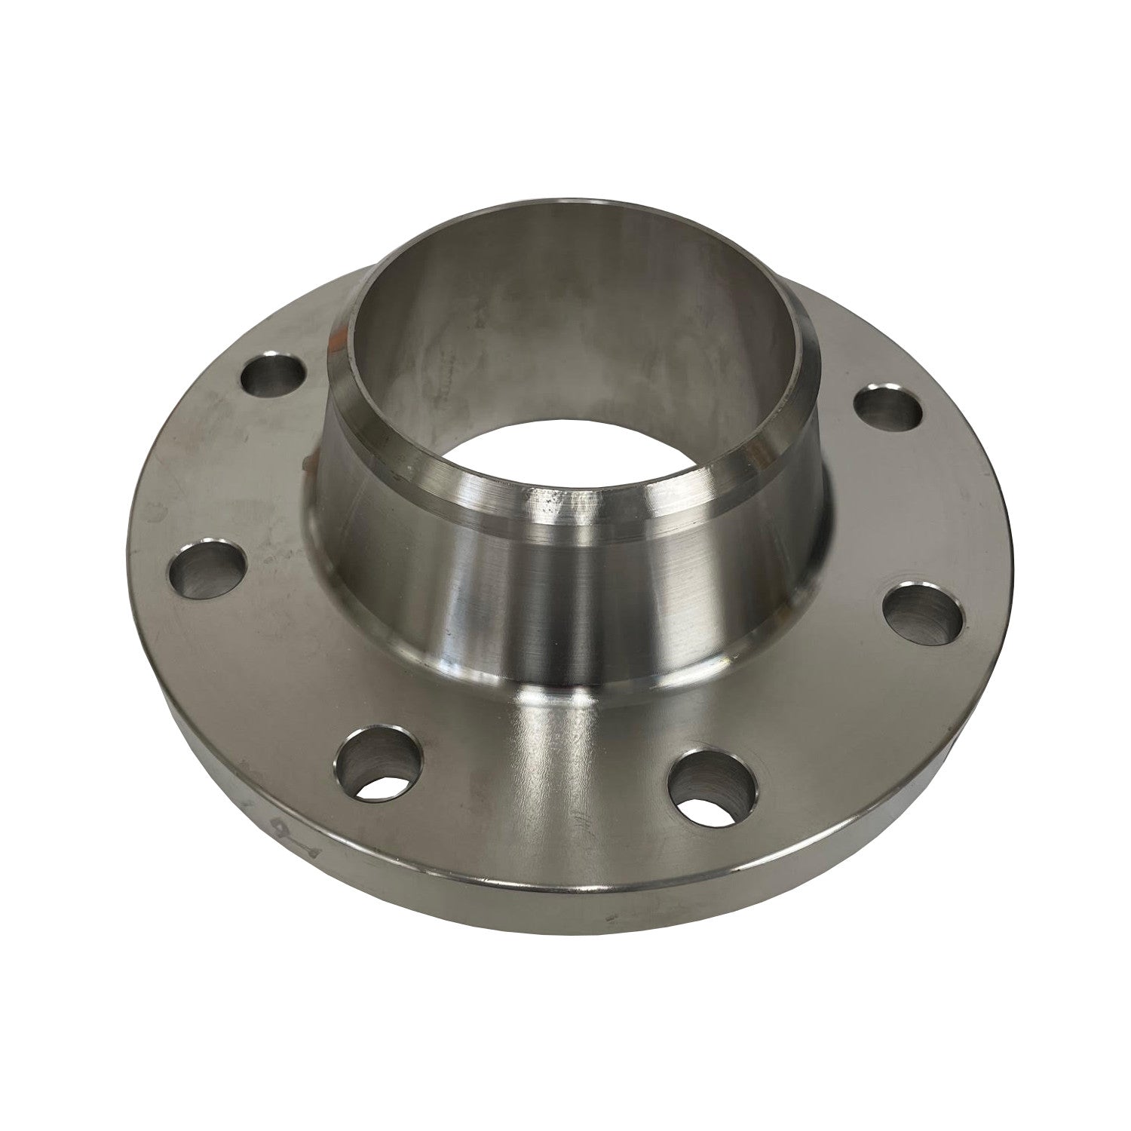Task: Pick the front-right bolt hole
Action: pos(708,789)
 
